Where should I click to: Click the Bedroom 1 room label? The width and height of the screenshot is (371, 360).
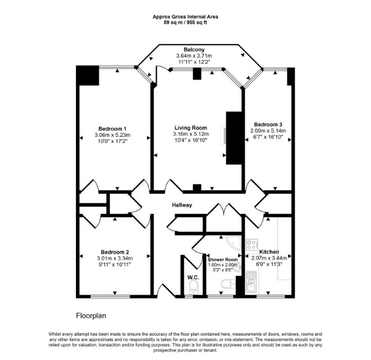click(112, 128)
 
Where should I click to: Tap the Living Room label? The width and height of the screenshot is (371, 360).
click(190, 128)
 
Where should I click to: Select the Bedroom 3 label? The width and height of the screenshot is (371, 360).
click(268, 125)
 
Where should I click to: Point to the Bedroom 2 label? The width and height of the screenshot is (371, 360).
click(115, 252)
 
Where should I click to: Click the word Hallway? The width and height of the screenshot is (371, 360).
click(182, 205)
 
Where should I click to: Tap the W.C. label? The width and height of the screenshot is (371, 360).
click(193, 277)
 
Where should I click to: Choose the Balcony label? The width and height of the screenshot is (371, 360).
click(194, 50)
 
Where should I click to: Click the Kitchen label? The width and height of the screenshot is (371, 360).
click(269, 252)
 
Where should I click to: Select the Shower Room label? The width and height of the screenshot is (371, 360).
click(223, 260)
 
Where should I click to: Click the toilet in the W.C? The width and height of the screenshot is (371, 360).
click(194, 287)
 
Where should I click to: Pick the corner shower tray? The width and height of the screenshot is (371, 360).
click(234, 243)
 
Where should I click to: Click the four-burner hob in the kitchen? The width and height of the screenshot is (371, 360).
click(252, 245)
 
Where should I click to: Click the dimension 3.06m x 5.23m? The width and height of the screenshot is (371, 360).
click(112, 135)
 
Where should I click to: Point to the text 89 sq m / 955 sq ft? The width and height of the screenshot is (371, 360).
click(185, 23)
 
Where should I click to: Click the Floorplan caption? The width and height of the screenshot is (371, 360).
click(91, 316)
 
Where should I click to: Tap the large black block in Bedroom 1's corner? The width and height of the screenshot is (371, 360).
click(87, 75)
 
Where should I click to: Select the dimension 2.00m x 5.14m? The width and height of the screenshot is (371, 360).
click(268, 131)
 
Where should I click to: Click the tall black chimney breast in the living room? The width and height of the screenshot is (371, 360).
click(234, 138)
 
